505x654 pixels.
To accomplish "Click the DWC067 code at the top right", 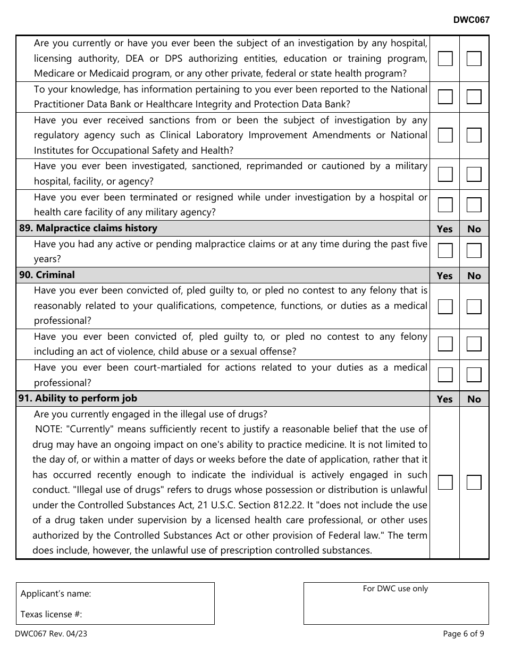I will click(471, 20).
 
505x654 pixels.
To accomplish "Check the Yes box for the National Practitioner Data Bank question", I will click(445, 97).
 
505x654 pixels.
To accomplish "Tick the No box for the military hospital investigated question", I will click(474, 174).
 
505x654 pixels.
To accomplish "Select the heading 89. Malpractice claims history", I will click(88, 228).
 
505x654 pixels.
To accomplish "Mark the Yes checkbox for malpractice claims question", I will click(445, 250).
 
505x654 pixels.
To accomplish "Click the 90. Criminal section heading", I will click(47, 275).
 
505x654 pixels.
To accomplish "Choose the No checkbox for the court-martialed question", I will click(474, 375).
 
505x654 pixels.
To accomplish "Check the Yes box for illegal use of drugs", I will click(445, 482).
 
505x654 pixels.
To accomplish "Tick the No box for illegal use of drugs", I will click(474, 482).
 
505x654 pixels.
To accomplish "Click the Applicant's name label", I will click(56, 594).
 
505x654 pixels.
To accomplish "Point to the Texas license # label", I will click(51, 614).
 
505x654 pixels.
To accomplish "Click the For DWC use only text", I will click(395, 589).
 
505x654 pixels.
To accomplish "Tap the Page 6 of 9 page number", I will click(463, 633).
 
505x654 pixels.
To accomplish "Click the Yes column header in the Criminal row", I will click(444, 275).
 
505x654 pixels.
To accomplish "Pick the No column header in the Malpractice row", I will click(474, 229).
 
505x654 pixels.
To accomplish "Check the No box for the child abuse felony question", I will click(474, 344).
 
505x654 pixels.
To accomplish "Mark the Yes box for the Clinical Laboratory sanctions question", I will click(445, 136).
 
